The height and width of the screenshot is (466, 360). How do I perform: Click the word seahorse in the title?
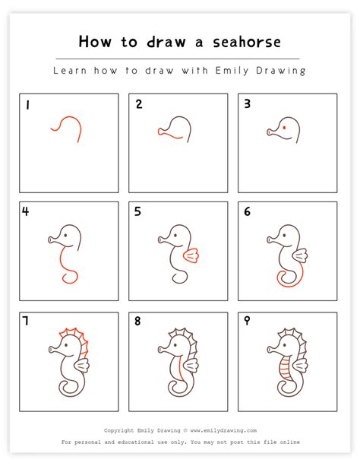[x=247, y=42]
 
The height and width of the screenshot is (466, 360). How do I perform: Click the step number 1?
[x=27, y=105]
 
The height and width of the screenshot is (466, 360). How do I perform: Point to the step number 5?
[x=137, y=211]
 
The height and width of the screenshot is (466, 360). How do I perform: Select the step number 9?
[x=247, y=321]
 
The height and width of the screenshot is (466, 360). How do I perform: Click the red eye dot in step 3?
[x=284, y=128]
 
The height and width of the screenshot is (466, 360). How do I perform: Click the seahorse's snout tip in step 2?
[x=159, y=132]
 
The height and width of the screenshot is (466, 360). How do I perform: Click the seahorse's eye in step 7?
[x=65, y=345]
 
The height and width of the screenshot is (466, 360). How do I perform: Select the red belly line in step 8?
[x=180, y=368]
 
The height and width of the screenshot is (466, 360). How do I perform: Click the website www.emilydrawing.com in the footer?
[x=223, y=430]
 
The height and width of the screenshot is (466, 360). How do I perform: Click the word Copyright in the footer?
[x=118, y=430]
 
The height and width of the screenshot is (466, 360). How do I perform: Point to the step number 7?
[x=26, y=321]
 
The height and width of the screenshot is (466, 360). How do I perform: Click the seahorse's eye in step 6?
[x=284, y=236]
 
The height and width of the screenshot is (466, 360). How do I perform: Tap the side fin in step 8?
[x=191, y=366]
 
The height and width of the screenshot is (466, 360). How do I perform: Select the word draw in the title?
[x=166, y=42]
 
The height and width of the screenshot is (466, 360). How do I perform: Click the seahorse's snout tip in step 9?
[x=269, y=349]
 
